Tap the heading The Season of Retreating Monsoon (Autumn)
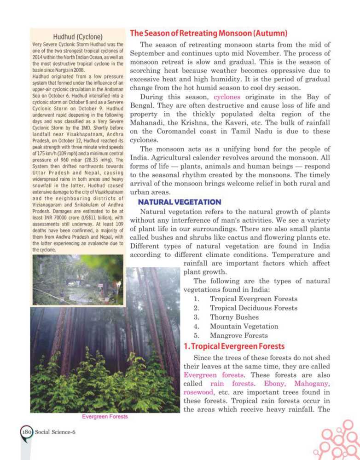click(209, 34)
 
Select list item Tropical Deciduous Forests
click(253, 308)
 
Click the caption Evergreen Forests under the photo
click(105, 417)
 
